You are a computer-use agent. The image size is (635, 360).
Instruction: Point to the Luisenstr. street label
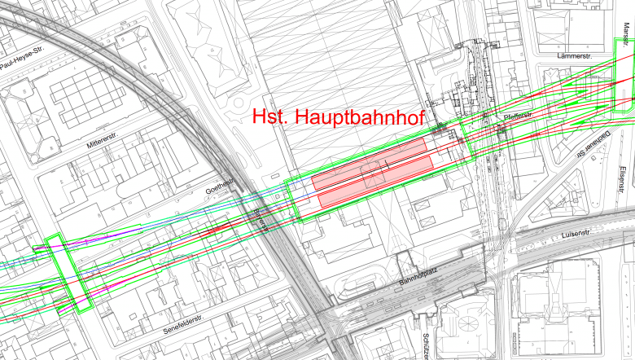tap(580, 235)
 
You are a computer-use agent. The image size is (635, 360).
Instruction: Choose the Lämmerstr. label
tap(574, 56)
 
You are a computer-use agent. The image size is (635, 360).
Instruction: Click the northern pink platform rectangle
tap(371, 163)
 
